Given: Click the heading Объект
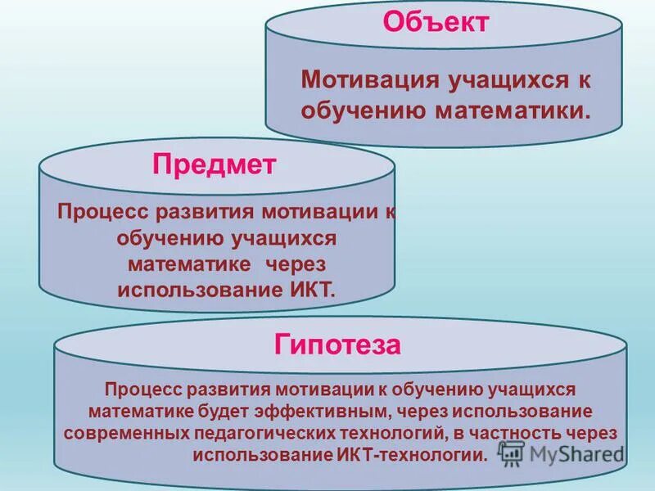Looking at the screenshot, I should (436, 22).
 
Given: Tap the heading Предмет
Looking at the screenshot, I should (214, 164).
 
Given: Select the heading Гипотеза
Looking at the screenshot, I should (337, 345).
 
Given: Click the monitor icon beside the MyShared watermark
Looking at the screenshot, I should (512, 453).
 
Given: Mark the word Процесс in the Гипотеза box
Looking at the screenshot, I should (144, 388).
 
